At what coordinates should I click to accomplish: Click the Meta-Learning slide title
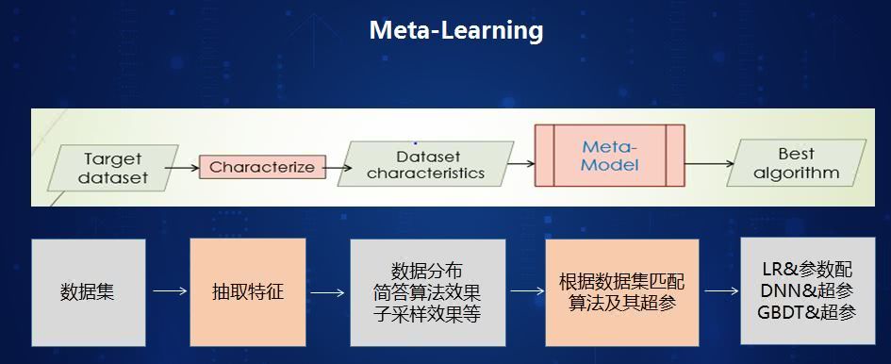click(x=455, y=31)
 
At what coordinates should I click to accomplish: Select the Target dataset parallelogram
click(x=112, y=168)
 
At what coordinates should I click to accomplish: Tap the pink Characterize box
click(x=262, y=167)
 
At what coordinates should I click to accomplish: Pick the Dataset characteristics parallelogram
click(x=425, y=164)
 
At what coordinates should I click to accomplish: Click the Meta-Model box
click(x=610, y=156)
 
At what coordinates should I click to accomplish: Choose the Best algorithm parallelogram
click(x=796, y=163)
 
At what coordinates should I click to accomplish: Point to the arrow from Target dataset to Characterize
click(x=182, y=169)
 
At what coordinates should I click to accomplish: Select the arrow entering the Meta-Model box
click(x=521, y=164)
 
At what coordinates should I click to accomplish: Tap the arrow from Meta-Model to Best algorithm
click(x=710, y=164)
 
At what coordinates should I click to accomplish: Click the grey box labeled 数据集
click(x=89, y=292)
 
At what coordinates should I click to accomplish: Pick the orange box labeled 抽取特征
click(x=248, y=292)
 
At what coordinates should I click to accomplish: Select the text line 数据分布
click(x=427, y=271)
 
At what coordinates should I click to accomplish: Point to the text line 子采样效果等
click(x=427, y=314)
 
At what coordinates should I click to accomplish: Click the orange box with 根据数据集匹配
click(x=622, y=292)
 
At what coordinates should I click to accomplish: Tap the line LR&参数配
click(x=807, y=269)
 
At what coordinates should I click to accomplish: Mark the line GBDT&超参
click(x=807, y=312)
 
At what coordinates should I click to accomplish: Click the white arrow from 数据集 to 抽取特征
click(x=170, y=291)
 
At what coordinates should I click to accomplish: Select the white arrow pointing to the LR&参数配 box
click(x=721, y=291)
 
